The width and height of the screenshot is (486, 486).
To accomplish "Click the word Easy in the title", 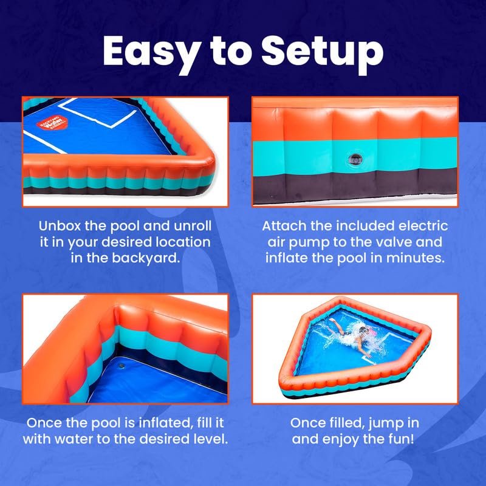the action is [150, 52].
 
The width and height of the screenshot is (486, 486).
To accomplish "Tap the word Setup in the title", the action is [323, 52].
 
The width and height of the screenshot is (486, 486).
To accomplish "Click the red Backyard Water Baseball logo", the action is [52, 123].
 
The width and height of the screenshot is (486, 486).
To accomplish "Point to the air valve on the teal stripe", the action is [355, 160].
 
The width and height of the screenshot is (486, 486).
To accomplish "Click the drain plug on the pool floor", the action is [121, 366].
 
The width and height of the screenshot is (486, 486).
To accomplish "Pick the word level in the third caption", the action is [209, 439].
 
